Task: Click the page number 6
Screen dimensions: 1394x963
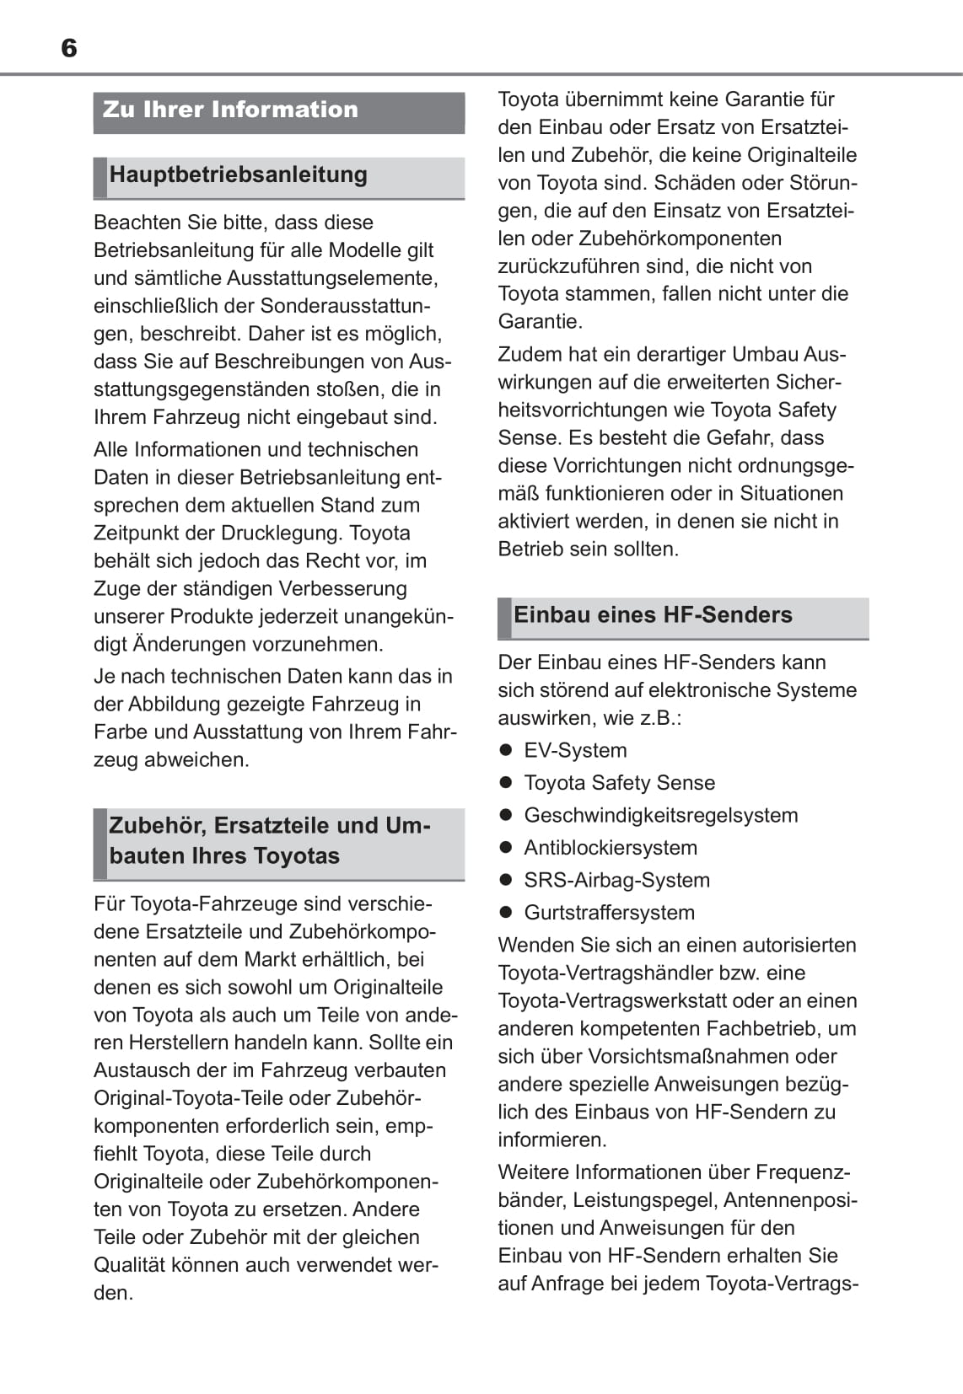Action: click(69, 48)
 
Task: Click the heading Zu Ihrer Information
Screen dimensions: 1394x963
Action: click(230, 110)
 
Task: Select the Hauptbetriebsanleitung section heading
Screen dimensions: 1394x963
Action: click(239, 174)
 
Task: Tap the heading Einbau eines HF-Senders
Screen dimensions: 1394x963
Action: click(653, 614)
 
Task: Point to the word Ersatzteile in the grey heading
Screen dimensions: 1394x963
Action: click(272, 825)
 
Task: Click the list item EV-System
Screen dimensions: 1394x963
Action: click(575, 750)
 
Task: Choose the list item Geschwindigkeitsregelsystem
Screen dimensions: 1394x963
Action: click(660, 815)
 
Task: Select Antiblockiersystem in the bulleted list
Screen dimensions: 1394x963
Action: click(611, 847)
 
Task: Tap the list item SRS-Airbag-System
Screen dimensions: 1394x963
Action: click(616, 880)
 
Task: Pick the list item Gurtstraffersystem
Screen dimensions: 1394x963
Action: click(609, 912)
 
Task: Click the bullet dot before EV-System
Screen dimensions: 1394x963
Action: click(506, 750)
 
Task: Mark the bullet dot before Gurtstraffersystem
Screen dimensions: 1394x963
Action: click(506, 912)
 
